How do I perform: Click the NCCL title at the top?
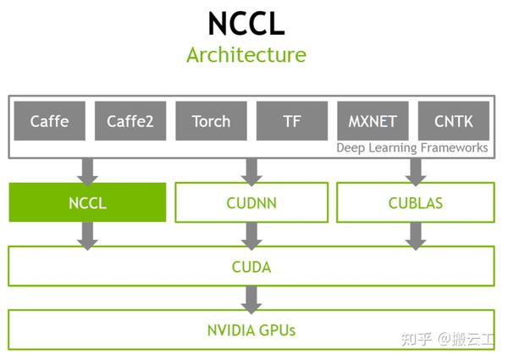point(246,23)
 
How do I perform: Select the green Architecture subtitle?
point(246,56)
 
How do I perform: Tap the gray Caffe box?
point(49,120)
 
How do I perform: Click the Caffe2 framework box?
point(130,120)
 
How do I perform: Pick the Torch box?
point(211,120)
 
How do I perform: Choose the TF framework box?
point(291,120)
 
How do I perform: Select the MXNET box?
point(373,120)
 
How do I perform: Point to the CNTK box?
point(453,120)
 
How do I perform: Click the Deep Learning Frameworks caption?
point(412,148)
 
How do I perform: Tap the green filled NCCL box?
point(87,203)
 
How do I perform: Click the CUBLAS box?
point(415,203)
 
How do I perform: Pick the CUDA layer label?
point(251,267)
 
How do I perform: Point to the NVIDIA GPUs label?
point(251,330)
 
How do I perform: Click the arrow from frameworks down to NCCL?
point(87,170)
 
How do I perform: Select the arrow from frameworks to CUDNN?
point(251,170)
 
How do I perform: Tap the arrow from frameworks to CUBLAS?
point(415,170)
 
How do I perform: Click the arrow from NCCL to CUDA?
point(87,235)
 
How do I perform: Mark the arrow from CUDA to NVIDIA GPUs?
point(251,298)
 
